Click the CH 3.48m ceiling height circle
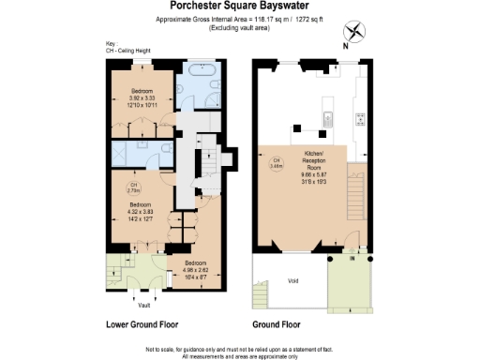click(276, 165)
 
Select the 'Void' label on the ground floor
click(292, 278)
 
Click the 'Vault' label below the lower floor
click(143, 306)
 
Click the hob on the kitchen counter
click(360, 120)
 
